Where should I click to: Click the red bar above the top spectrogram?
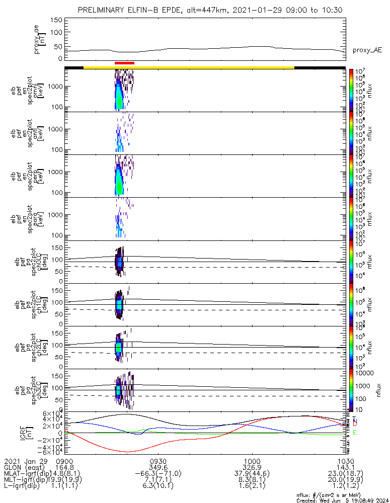point(124,63)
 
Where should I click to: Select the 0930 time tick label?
point(158,461)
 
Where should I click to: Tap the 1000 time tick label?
point(252,461)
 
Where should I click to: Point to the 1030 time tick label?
point(345,461)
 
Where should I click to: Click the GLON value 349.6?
point(158,467)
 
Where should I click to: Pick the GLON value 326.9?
point(252,467)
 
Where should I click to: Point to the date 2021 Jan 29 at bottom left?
point(25,461)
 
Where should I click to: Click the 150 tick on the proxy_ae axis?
point(56,20)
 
